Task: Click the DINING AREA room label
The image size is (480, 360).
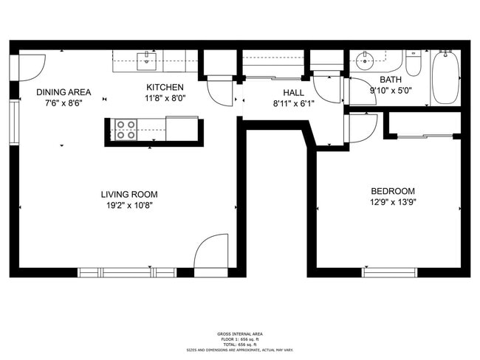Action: (x=64, y=92)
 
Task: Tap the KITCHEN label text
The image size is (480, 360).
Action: (x=164, y=87)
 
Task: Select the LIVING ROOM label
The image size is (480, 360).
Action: (x=129, y=194)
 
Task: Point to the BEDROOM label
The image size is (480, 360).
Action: (x=392, y=190)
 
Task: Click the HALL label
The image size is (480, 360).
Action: (x=293, y=92)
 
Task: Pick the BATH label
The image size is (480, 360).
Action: (x=391, y=80)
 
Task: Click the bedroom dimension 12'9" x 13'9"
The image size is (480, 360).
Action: (x=392, y=201)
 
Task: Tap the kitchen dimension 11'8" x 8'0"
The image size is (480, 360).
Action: (x=164, y=98)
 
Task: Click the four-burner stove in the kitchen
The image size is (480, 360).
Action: (x=126, y=130)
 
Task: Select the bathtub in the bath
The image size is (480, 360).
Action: (x=445, y=77)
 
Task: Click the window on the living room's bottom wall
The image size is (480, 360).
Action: (x=127, y=271)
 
